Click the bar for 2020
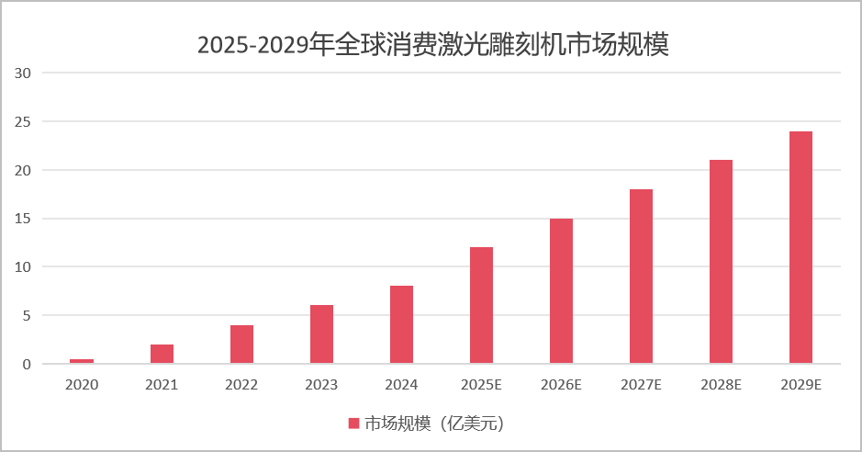[x=82, y=361]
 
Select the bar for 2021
[x=162, y=355]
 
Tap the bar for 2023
[x=321, y=334]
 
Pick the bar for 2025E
[x=481, y=306]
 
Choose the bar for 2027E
[x=641, y=277]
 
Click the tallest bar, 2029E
[x=800, y=248]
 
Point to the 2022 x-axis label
[x=241, y=385]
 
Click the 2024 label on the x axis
[x=401, y=385]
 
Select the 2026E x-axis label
[x=561, y=385]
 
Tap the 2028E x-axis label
[x=721, y=385]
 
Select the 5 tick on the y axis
[x=27, y=315]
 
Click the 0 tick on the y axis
[x=27, y=364]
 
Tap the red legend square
[x=353, y=424]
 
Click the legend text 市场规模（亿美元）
[x=435, y=424]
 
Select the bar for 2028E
[x=721, y=262]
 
